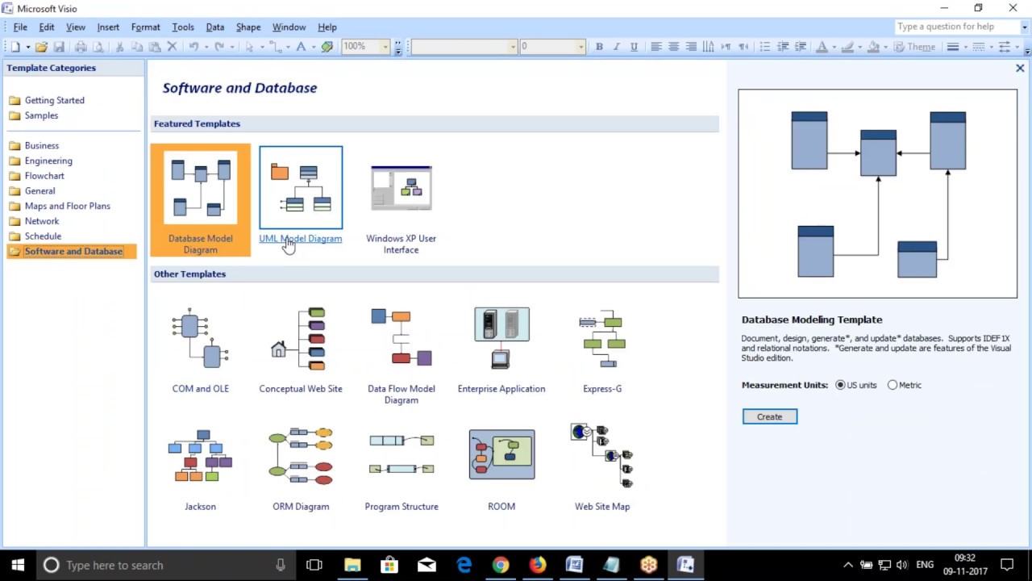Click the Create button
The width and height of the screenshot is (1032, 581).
pos(769,416)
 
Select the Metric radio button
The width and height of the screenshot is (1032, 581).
pos(893,385)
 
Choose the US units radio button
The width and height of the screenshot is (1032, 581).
pos(841,385)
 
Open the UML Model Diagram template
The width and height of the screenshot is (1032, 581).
pos(301,188)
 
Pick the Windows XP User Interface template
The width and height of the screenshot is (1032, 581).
pos(401,188)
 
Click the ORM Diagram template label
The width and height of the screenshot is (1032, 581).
pos(301,507)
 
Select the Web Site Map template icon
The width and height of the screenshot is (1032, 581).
pos(602,456)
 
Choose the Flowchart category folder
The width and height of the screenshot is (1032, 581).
pos(44,176)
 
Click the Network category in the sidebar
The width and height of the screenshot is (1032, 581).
pos(42,221)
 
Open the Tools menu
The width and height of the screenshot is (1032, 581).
pos(183,27)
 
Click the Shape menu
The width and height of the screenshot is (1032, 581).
pos(248,27)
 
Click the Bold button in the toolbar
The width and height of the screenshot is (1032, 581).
pos(599,47)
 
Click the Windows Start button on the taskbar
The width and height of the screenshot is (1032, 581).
pos(18,565)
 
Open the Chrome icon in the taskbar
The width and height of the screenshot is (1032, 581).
pos(501,565)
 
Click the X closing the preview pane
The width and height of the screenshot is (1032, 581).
pos(1020,69)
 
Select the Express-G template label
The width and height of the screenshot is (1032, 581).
pos(602,389)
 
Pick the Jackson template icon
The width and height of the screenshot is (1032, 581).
pos(200,456)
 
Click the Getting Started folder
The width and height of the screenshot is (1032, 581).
pos(54,100)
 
